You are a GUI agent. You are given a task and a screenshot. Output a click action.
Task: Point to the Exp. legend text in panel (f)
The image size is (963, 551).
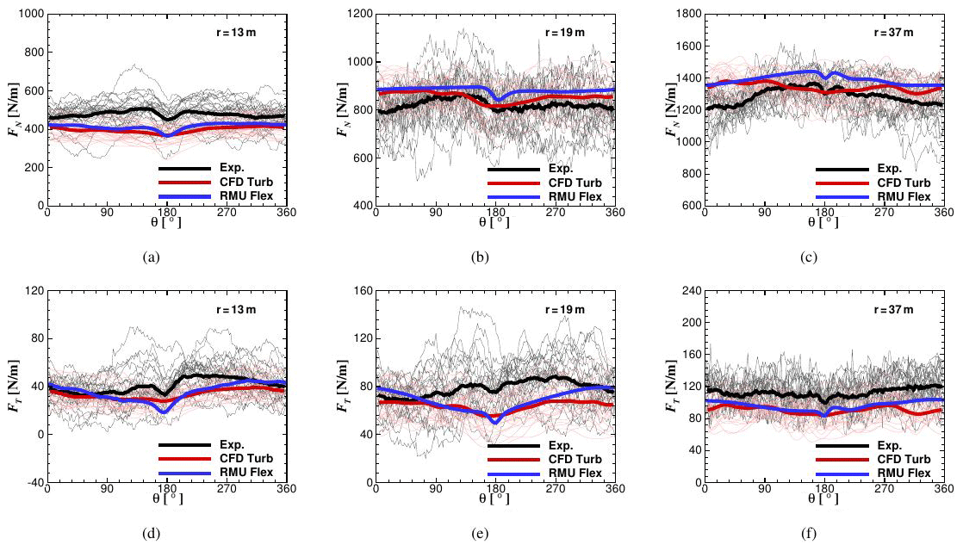pos(890,445)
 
